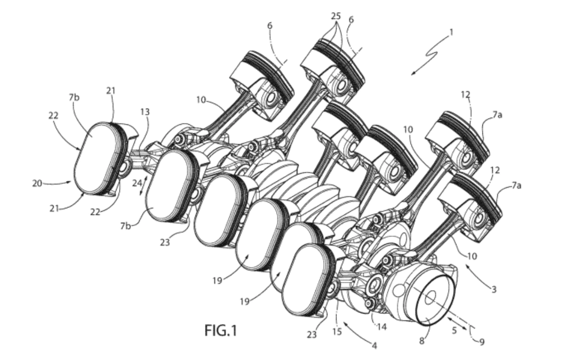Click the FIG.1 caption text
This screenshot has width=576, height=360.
[x=221, y=330]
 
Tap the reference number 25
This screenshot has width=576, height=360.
[x=336, y=16]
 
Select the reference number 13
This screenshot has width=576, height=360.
[x=145, y=112]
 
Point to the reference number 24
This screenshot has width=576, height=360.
[x=137, y=183]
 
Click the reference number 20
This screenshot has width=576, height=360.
[x=37, y=183]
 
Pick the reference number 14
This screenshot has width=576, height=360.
[x=382, y=327]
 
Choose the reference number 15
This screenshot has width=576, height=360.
[x=337, y=332]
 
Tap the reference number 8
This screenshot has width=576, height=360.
[x=422, y=341]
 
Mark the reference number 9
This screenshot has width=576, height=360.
[x=482, y=342]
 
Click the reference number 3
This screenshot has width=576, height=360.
[x=494, y=290]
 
